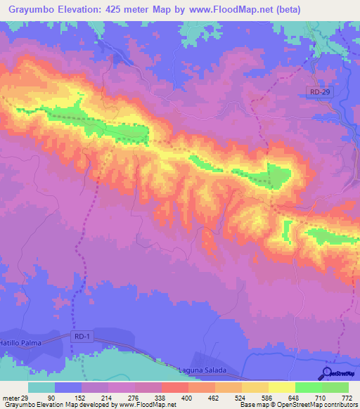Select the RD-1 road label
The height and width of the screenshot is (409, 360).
[x=82, y=337]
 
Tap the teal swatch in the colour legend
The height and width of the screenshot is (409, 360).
[x=41, y=388]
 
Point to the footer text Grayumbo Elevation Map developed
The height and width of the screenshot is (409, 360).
[x=63, y=405]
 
